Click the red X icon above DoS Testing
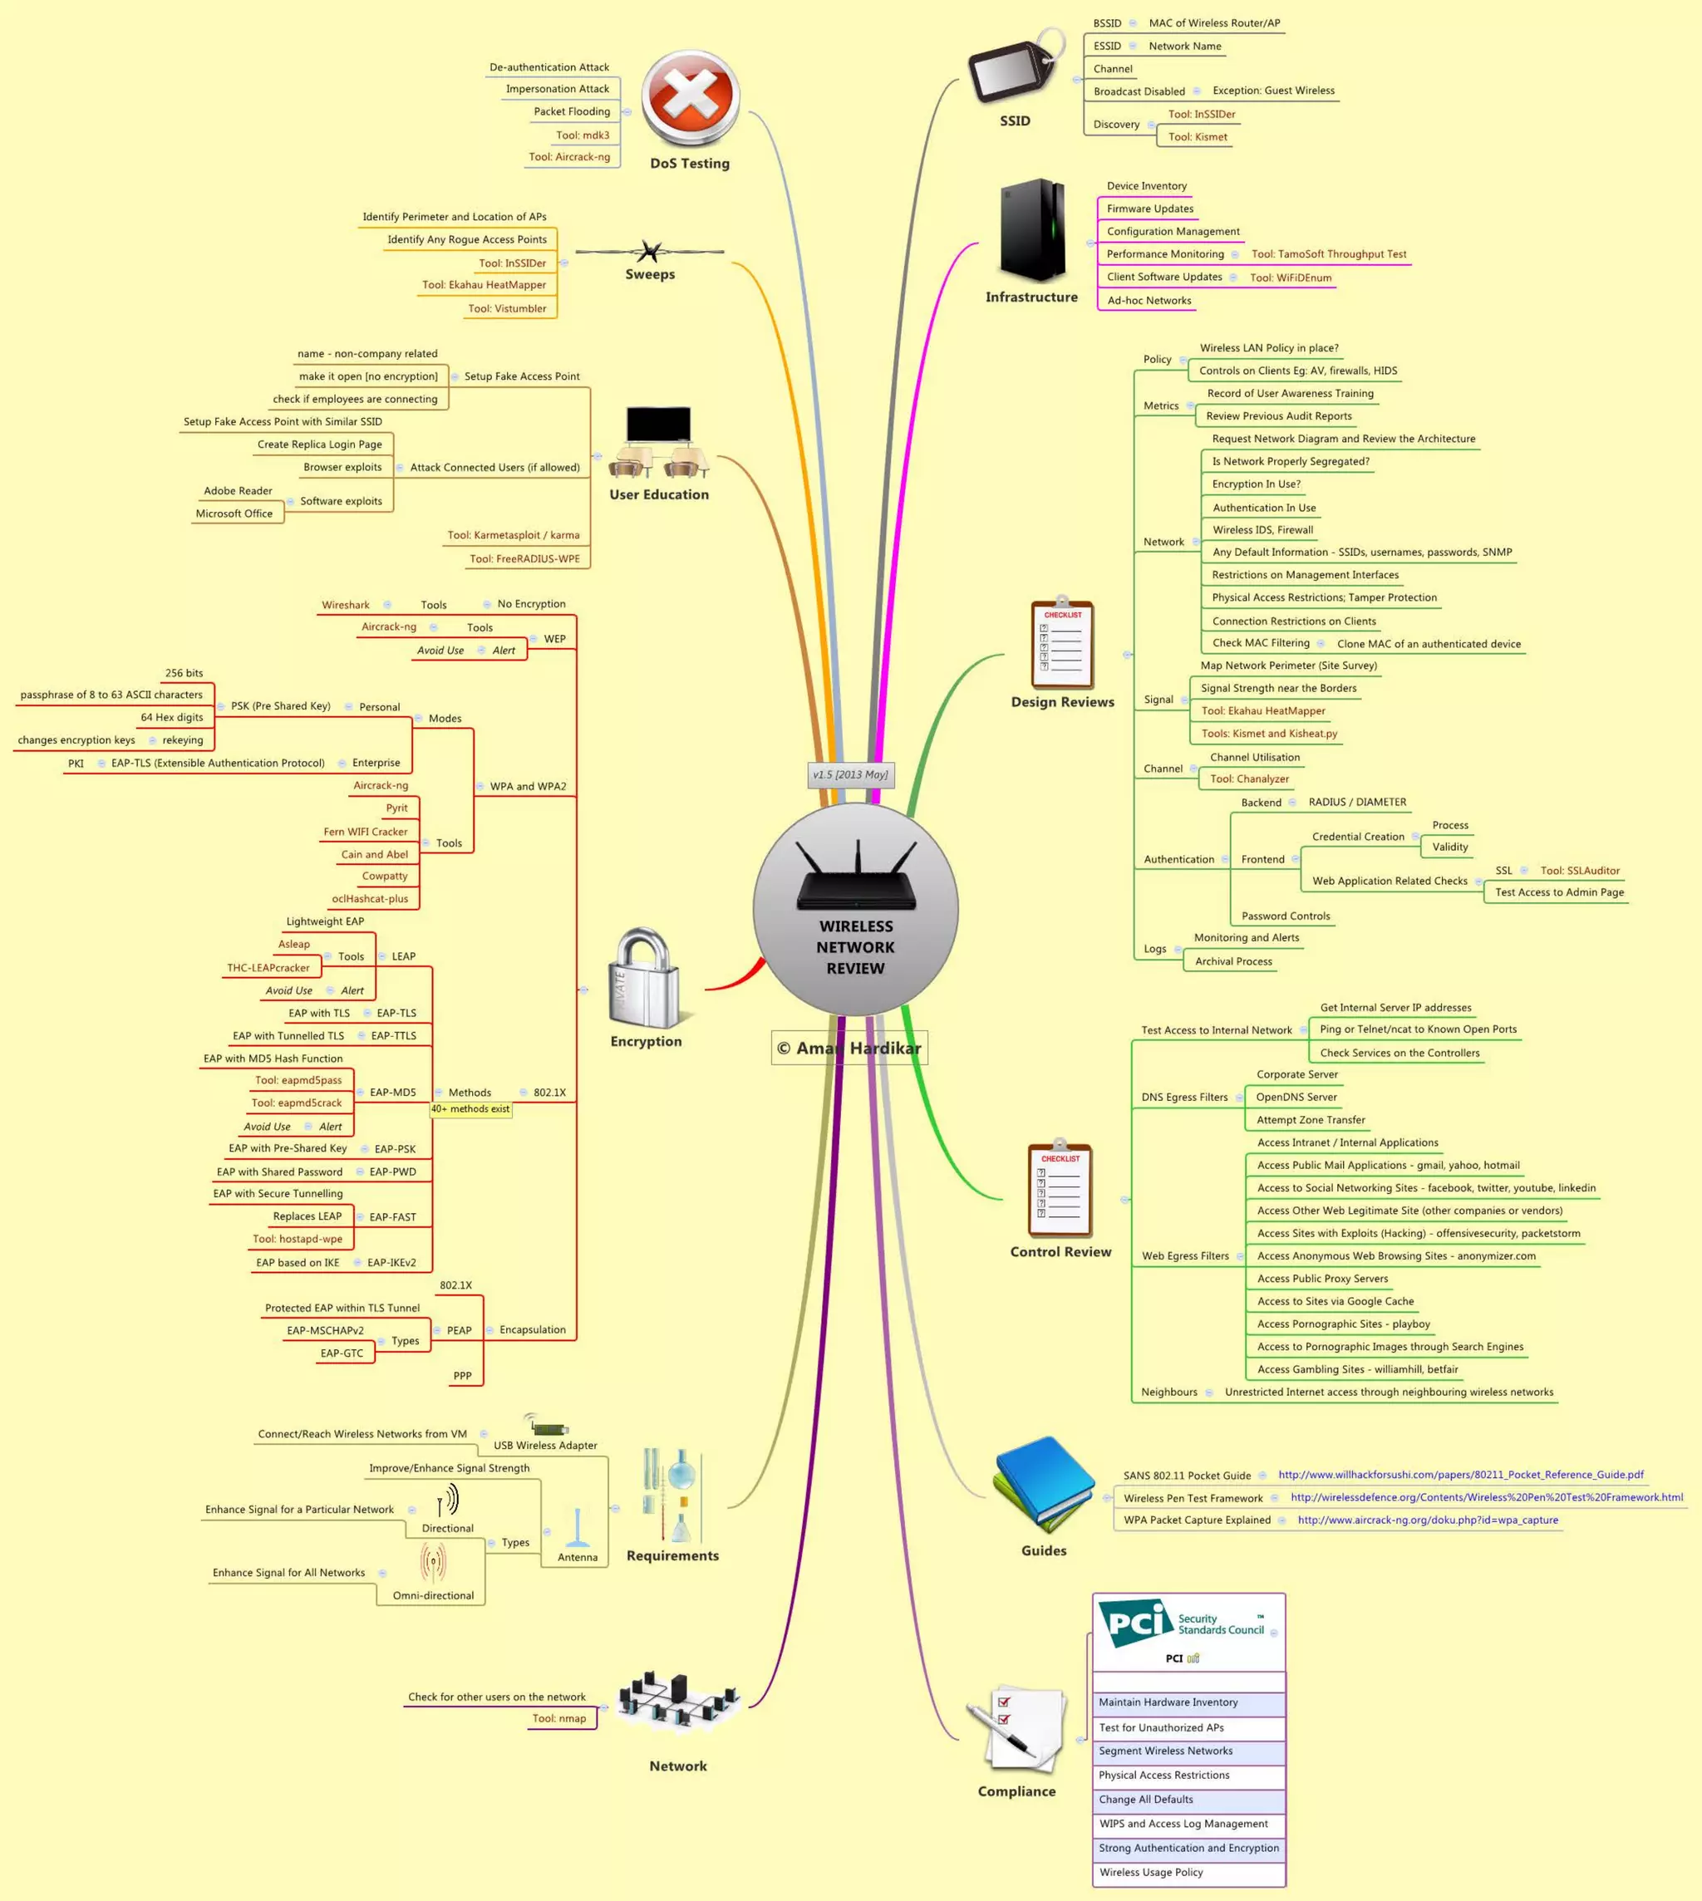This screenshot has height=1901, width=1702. [x=690, y=98]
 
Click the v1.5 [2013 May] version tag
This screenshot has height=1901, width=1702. [x=850, y=774]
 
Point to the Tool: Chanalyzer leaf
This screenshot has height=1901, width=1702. [x=1249, y=779]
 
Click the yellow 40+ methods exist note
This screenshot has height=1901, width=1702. [x=470, y=1109]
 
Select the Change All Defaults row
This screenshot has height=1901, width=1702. [x=1147, y=1799]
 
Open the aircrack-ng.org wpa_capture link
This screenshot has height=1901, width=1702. [x=1428, y=1520]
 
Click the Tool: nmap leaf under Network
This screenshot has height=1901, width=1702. [x=559, y=1717]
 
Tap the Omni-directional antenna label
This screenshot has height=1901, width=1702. [x=433, y=1595]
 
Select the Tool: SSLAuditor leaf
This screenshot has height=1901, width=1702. [x=1581, y=871]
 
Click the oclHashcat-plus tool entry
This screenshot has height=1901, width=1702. [x=371, y=899]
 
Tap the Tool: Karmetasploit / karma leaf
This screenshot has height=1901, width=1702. [x=514, y=535]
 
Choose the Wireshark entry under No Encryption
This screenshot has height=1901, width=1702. [x=346, y=605]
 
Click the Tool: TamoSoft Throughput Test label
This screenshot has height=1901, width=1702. [x=1329, y=254]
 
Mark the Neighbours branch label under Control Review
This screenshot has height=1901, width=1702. [x=1169, y=1392]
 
